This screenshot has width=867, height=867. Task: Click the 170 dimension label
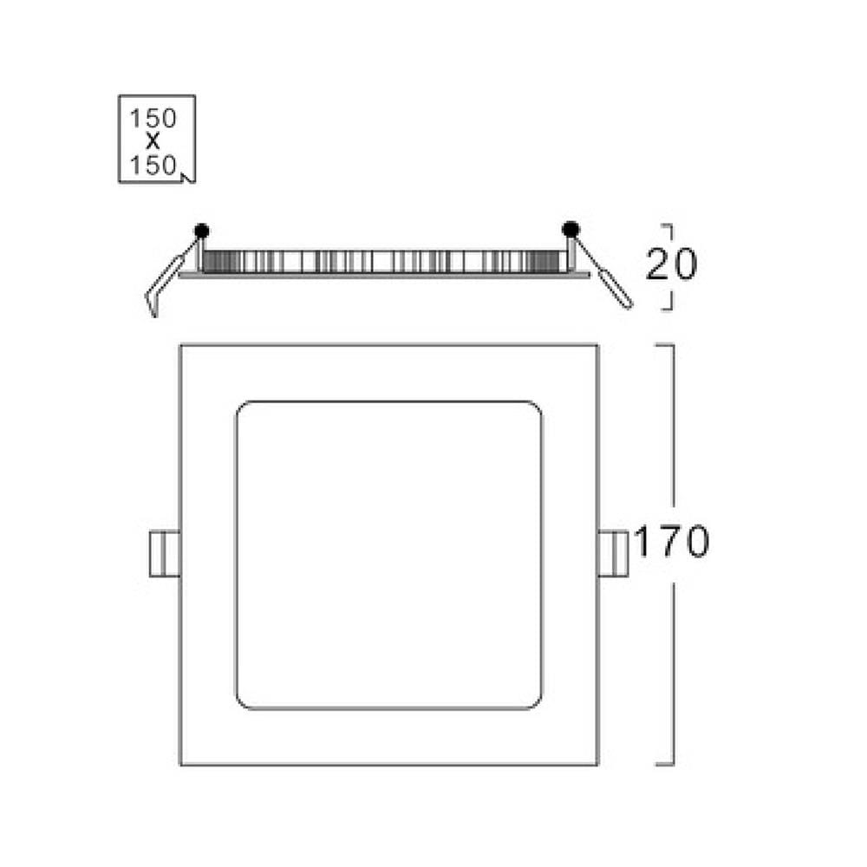tap(671, 541)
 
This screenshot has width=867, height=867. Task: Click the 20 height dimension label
tap(671, 264)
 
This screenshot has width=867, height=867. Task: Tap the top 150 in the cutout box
tap(153, 118)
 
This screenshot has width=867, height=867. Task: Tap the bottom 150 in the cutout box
tap(153, 165)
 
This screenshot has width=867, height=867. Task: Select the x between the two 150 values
tap(153, 141)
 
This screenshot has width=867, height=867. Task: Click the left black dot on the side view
tap(202, 231)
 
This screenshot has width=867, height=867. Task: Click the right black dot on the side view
tap(570, 228)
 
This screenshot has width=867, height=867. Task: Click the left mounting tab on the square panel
tap(165, 553)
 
